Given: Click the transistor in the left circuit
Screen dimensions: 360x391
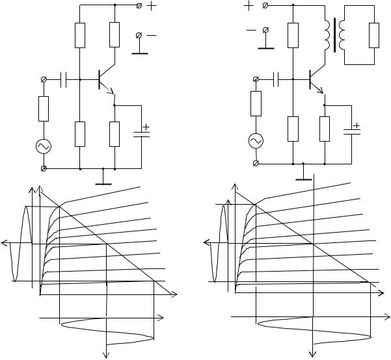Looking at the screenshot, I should [x=103, y=80].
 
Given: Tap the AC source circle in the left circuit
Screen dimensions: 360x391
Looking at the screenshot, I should [x=44, y=146].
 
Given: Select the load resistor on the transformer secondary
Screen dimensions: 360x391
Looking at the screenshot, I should [x=373, y=35].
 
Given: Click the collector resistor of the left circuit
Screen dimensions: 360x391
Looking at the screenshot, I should [x=115, y=34].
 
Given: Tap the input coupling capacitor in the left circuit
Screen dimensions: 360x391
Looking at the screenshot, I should [x=64, y=80].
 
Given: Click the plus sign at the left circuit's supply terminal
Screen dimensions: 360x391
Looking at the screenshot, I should [x=152, y=6].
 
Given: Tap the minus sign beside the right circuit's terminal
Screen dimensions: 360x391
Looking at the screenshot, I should [x=250, y=29].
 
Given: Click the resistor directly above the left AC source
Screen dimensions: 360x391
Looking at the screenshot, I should [x=44, y=109].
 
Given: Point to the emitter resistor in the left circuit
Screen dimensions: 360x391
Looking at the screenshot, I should [x=115, y=133].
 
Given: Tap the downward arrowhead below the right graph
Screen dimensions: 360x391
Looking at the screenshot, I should [x=314, y=354].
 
